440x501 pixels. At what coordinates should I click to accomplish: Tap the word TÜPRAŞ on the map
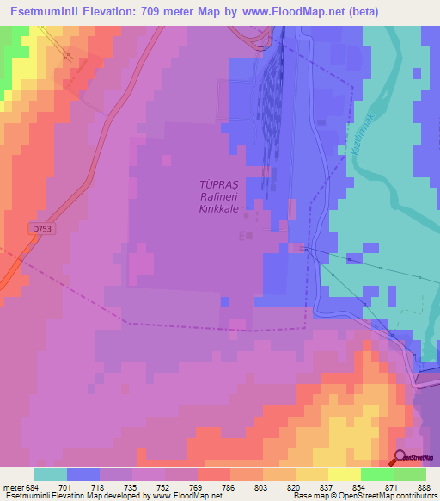click(x=217, y=184)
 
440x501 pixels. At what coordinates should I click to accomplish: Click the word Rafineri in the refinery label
click(x=217, y=196)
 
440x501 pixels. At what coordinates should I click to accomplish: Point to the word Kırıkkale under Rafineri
click(x=217, y=208)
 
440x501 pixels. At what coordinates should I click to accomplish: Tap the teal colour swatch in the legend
click(x=50, y=474)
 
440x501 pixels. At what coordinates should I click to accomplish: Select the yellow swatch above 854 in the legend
click(x=344, y=474)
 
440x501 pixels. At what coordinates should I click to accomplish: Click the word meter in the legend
click(x=13, y=486)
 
